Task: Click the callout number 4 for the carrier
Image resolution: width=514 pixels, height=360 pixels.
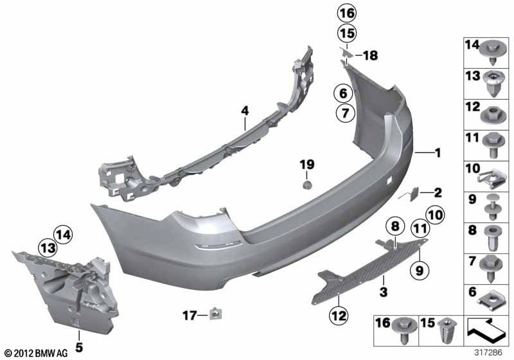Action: [244, 111]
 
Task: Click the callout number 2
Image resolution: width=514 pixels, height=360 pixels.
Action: [438, 192]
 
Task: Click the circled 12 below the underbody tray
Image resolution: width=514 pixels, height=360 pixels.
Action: [338, 316]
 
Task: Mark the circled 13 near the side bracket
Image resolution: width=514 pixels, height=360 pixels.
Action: [46, 248]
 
